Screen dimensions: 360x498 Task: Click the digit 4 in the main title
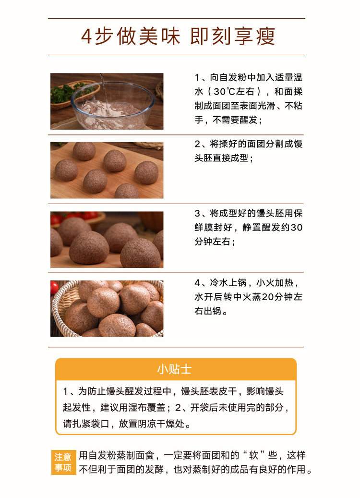[86, 36]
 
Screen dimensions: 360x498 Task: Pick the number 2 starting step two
[197, 144]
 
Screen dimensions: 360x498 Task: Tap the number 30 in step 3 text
[296, 228]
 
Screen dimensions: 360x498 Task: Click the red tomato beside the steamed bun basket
[54, 288]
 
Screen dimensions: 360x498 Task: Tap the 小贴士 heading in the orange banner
[174, 369]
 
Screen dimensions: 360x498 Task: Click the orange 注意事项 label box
[63, 462]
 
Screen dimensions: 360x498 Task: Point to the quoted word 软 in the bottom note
[253, 455]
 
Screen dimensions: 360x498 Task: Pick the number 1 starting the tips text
[65, 391]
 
